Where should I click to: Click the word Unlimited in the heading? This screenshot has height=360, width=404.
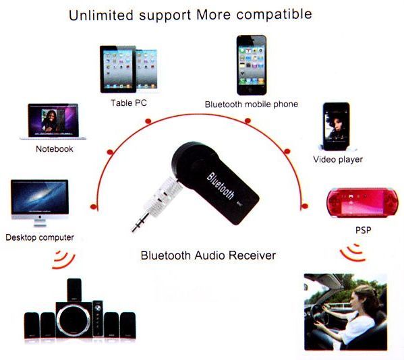coord(101,15)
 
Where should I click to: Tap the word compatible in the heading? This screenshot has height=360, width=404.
coord(274,14)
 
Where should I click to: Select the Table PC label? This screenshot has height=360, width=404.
coord(129,103)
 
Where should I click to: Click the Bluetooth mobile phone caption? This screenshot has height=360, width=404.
coord(252,104)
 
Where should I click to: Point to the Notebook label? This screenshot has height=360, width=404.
coord(55,149)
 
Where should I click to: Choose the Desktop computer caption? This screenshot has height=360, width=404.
coord(40,237)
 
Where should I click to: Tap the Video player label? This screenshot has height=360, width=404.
coord(338,159)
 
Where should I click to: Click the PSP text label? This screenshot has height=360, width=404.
coord(364,230)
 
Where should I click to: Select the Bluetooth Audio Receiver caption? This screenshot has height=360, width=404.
coord(208,256)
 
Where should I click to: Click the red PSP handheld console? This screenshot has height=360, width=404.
coord(362,203)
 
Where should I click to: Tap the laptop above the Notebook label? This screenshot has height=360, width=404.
coord(53,121)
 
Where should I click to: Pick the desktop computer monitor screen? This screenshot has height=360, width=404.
coord(40,196)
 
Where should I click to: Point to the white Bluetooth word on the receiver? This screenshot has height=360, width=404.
coord(221,186)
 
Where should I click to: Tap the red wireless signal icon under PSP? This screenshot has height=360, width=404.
coord(353,253)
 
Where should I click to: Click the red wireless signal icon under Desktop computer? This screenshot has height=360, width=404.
coord(63,260)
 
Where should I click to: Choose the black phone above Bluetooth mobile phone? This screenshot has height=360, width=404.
coord(252,65)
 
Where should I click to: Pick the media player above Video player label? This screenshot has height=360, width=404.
coord(337,127)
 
